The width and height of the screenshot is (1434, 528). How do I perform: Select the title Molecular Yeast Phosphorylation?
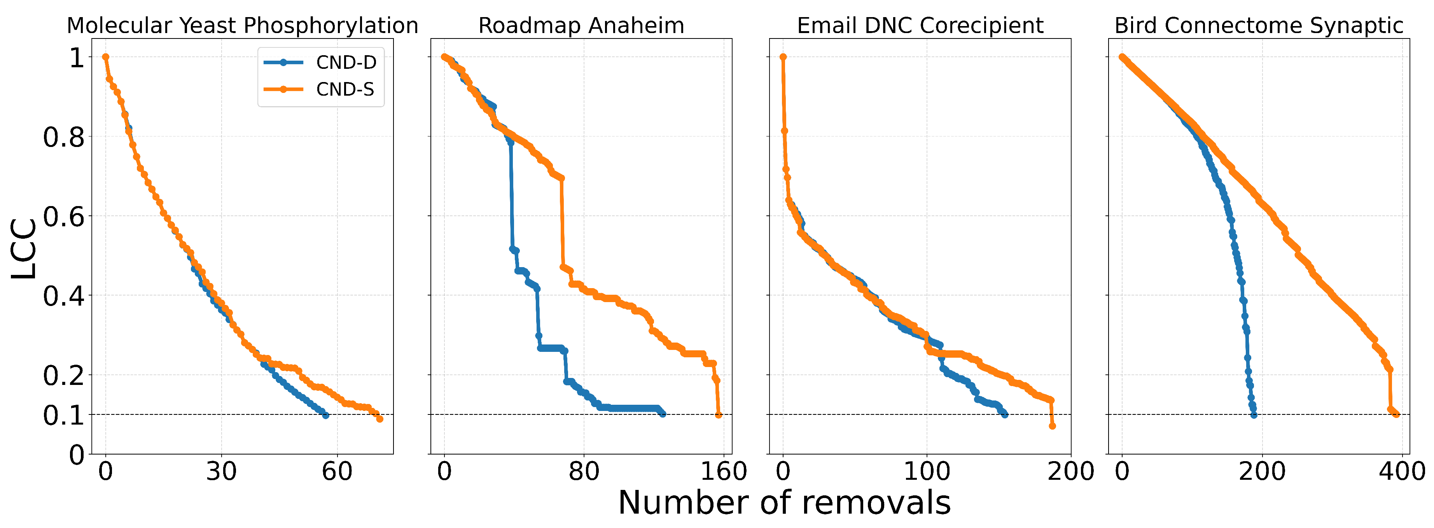[x=242, y=26]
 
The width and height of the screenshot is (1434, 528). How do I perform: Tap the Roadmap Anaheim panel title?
[x=581, y=26]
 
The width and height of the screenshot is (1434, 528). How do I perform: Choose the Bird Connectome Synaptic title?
[x=1259, y=26]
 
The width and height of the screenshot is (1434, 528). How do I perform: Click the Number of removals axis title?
[x=784, y=502]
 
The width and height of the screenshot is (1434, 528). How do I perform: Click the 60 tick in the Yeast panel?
[x=337, y=472]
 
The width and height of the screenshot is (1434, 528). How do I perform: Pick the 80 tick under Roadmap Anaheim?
[x=583, y=472]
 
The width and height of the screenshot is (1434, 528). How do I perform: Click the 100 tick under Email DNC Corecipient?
[x=926, y=472]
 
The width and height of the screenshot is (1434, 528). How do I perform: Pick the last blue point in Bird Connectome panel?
[x=1254, y=415]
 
